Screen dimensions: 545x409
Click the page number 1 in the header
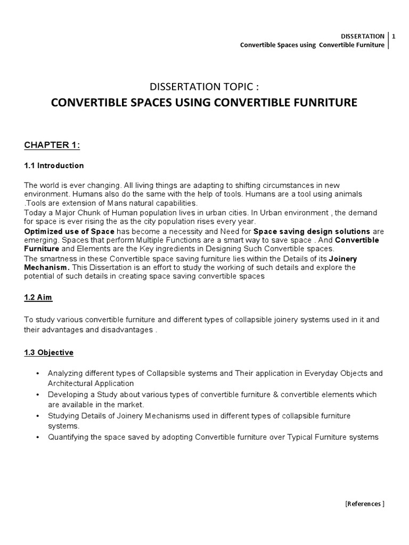click(394, 36)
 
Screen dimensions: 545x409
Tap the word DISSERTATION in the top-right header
click(362, 36)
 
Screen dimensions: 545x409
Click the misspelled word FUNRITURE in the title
click(323, 102)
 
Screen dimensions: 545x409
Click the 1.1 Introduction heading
click(54, 166)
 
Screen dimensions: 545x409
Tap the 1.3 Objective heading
click(49, 352)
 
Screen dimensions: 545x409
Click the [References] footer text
click(365, 503)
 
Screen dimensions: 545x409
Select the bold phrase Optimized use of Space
click(69, 232)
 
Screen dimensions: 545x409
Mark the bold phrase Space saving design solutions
click(312, 232)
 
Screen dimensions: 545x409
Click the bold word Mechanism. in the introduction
click(47, 267)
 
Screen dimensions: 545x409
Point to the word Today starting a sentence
click(35, 212)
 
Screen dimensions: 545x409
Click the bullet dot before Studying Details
click(37, 416)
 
